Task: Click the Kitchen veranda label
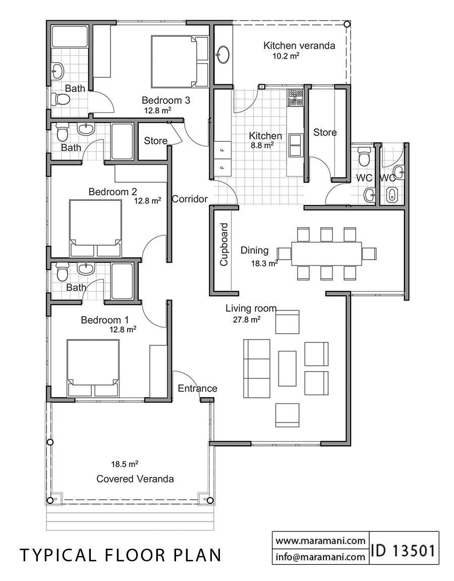coord(299,45)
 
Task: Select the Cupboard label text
coord(224,244)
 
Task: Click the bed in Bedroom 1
coord(93,367)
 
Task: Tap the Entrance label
coord(197,388)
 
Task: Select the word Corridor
coord(190,199)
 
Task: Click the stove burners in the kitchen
coord(295,98)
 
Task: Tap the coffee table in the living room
coord(287,368)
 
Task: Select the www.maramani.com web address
coord(320,541)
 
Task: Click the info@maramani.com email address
coord(320,557)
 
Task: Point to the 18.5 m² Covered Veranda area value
coord(125,463)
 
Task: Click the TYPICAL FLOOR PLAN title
coord(121,555)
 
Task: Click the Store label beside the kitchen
coord(325,132)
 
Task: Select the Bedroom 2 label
coord(112,192)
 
